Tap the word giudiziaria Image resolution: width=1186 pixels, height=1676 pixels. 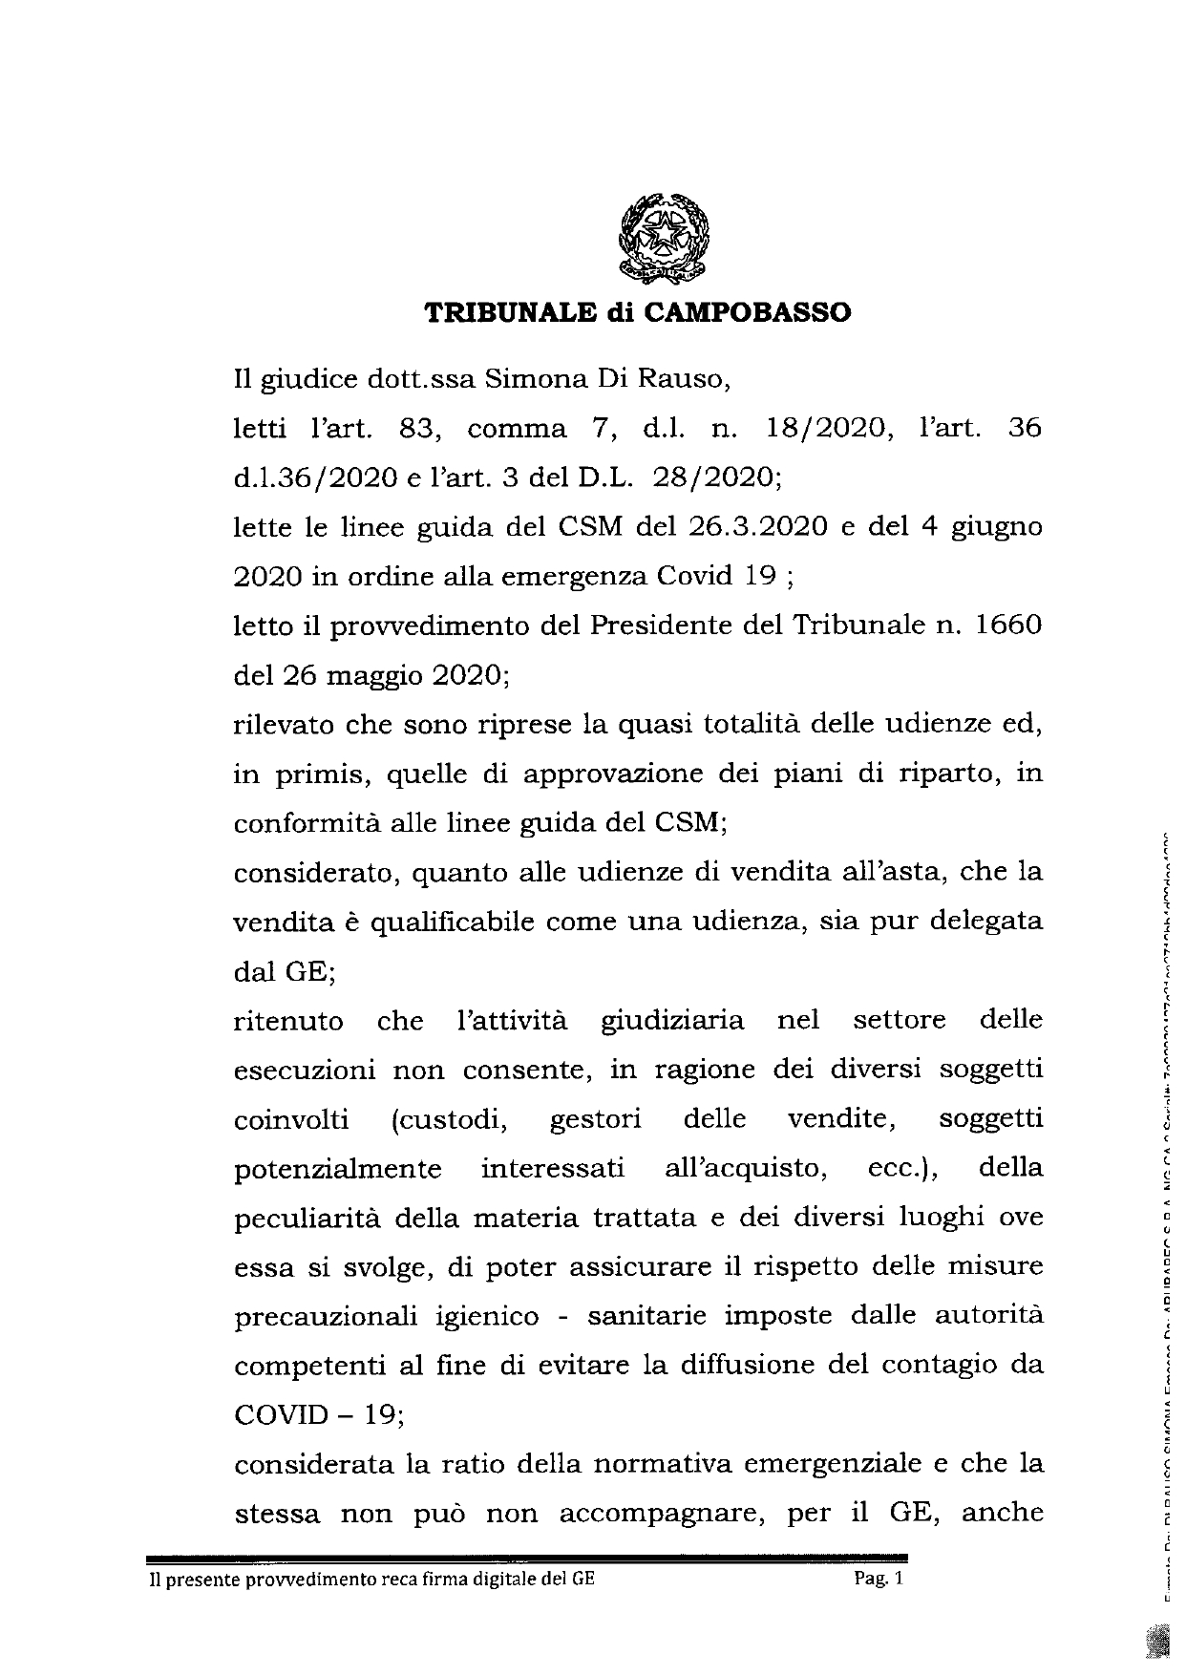[671, 1021]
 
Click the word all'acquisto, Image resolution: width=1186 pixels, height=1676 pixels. [741, 1169]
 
